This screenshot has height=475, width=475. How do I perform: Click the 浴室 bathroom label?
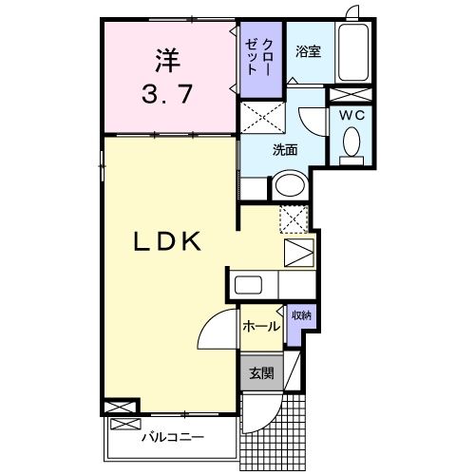pos(307,52)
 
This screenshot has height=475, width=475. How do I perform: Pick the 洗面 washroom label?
pos(286,149)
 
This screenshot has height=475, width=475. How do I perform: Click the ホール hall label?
pos(261,327)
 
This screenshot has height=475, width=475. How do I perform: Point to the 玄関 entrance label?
pos(261,373)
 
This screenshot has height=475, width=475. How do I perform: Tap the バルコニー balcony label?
pos(173,438)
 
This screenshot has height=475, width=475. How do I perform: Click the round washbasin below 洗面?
pos(288,184)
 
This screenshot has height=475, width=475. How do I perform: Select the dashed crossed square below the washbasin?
pos(294,218)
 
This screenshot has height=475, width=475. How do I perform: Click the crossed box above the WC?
pos(351,94)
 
